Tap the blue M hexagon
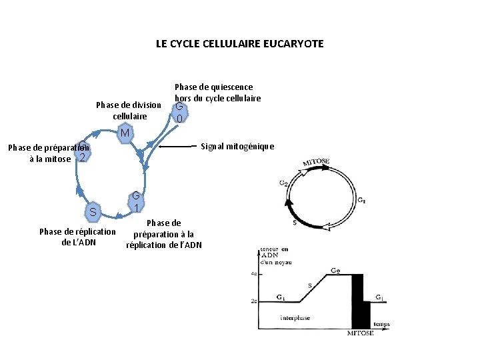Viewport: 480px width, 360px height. [125, 133]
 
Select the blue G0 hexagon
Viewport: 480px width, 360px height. [179, 113]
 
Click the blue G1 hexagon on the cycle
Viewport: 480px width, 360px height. [135, 201]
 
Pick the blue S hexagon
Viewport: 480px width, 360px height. [93, 213]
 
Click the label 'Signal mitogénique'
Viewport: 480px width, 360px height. [237, 147]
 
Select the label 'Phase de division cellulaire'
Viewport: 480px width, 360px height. [129, 110]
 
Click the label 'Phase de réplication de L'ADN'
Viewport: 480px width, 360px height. [78, 237]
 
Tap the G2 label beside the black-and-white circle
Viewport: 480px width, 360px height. [283, 182]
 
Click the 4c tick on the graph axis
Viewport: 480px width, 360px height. [254, 274]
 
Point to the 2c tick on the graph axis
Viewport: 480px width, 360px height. [254, 301]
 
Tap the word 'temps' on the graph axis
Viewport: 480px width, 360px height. [381, 325]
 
